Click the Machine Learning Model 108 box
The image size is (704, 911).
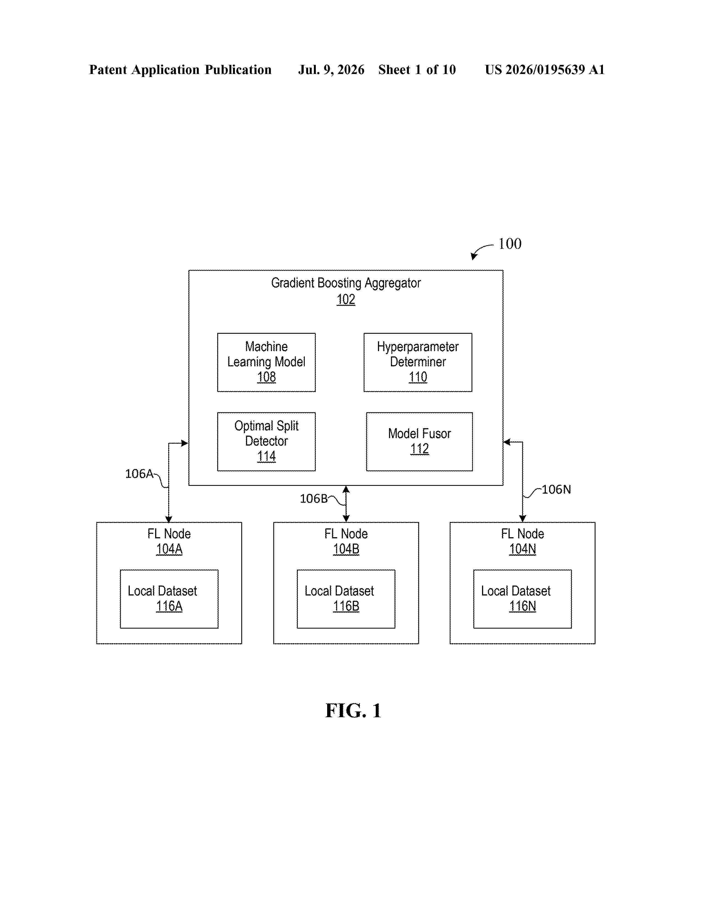point(266,362)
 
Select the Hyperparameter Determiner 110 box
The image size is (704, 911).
point(418,362)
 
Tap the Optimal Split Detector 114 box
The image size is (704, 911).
point(266,441)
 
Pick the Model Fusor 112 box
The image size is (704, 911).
point(419,441)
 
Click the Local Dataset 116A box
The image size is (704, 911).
point(169,598)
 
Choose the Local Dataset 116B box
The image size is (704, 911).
point(346,598)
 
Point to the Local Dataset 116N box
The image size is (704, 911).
point(522,598)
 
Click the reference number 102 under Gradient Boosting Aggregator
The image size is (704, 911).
point(346,299)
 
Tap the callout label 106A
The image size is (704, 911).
point(139,473)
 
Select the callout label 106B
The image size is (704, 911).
point(314,499)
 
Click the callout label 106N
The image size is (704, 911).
point(556,489)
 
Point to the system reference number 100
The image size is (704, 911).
point(510,243)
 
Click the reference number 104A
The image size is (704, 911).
point(169,549)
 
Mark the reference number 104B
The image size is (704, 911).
point(346,549)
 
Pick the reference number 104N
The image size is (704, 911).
point(522,549)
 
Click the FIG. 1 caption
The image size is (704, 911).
point(353,710)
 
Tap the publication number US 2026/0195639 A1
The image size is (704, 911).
point(544,69)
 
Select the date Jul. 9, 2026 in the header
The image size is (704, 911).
point(331,69)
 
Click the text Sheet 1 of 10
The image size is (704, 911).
point(417,69)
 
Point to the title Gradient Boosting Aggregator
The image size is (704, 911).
point(346,283)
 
